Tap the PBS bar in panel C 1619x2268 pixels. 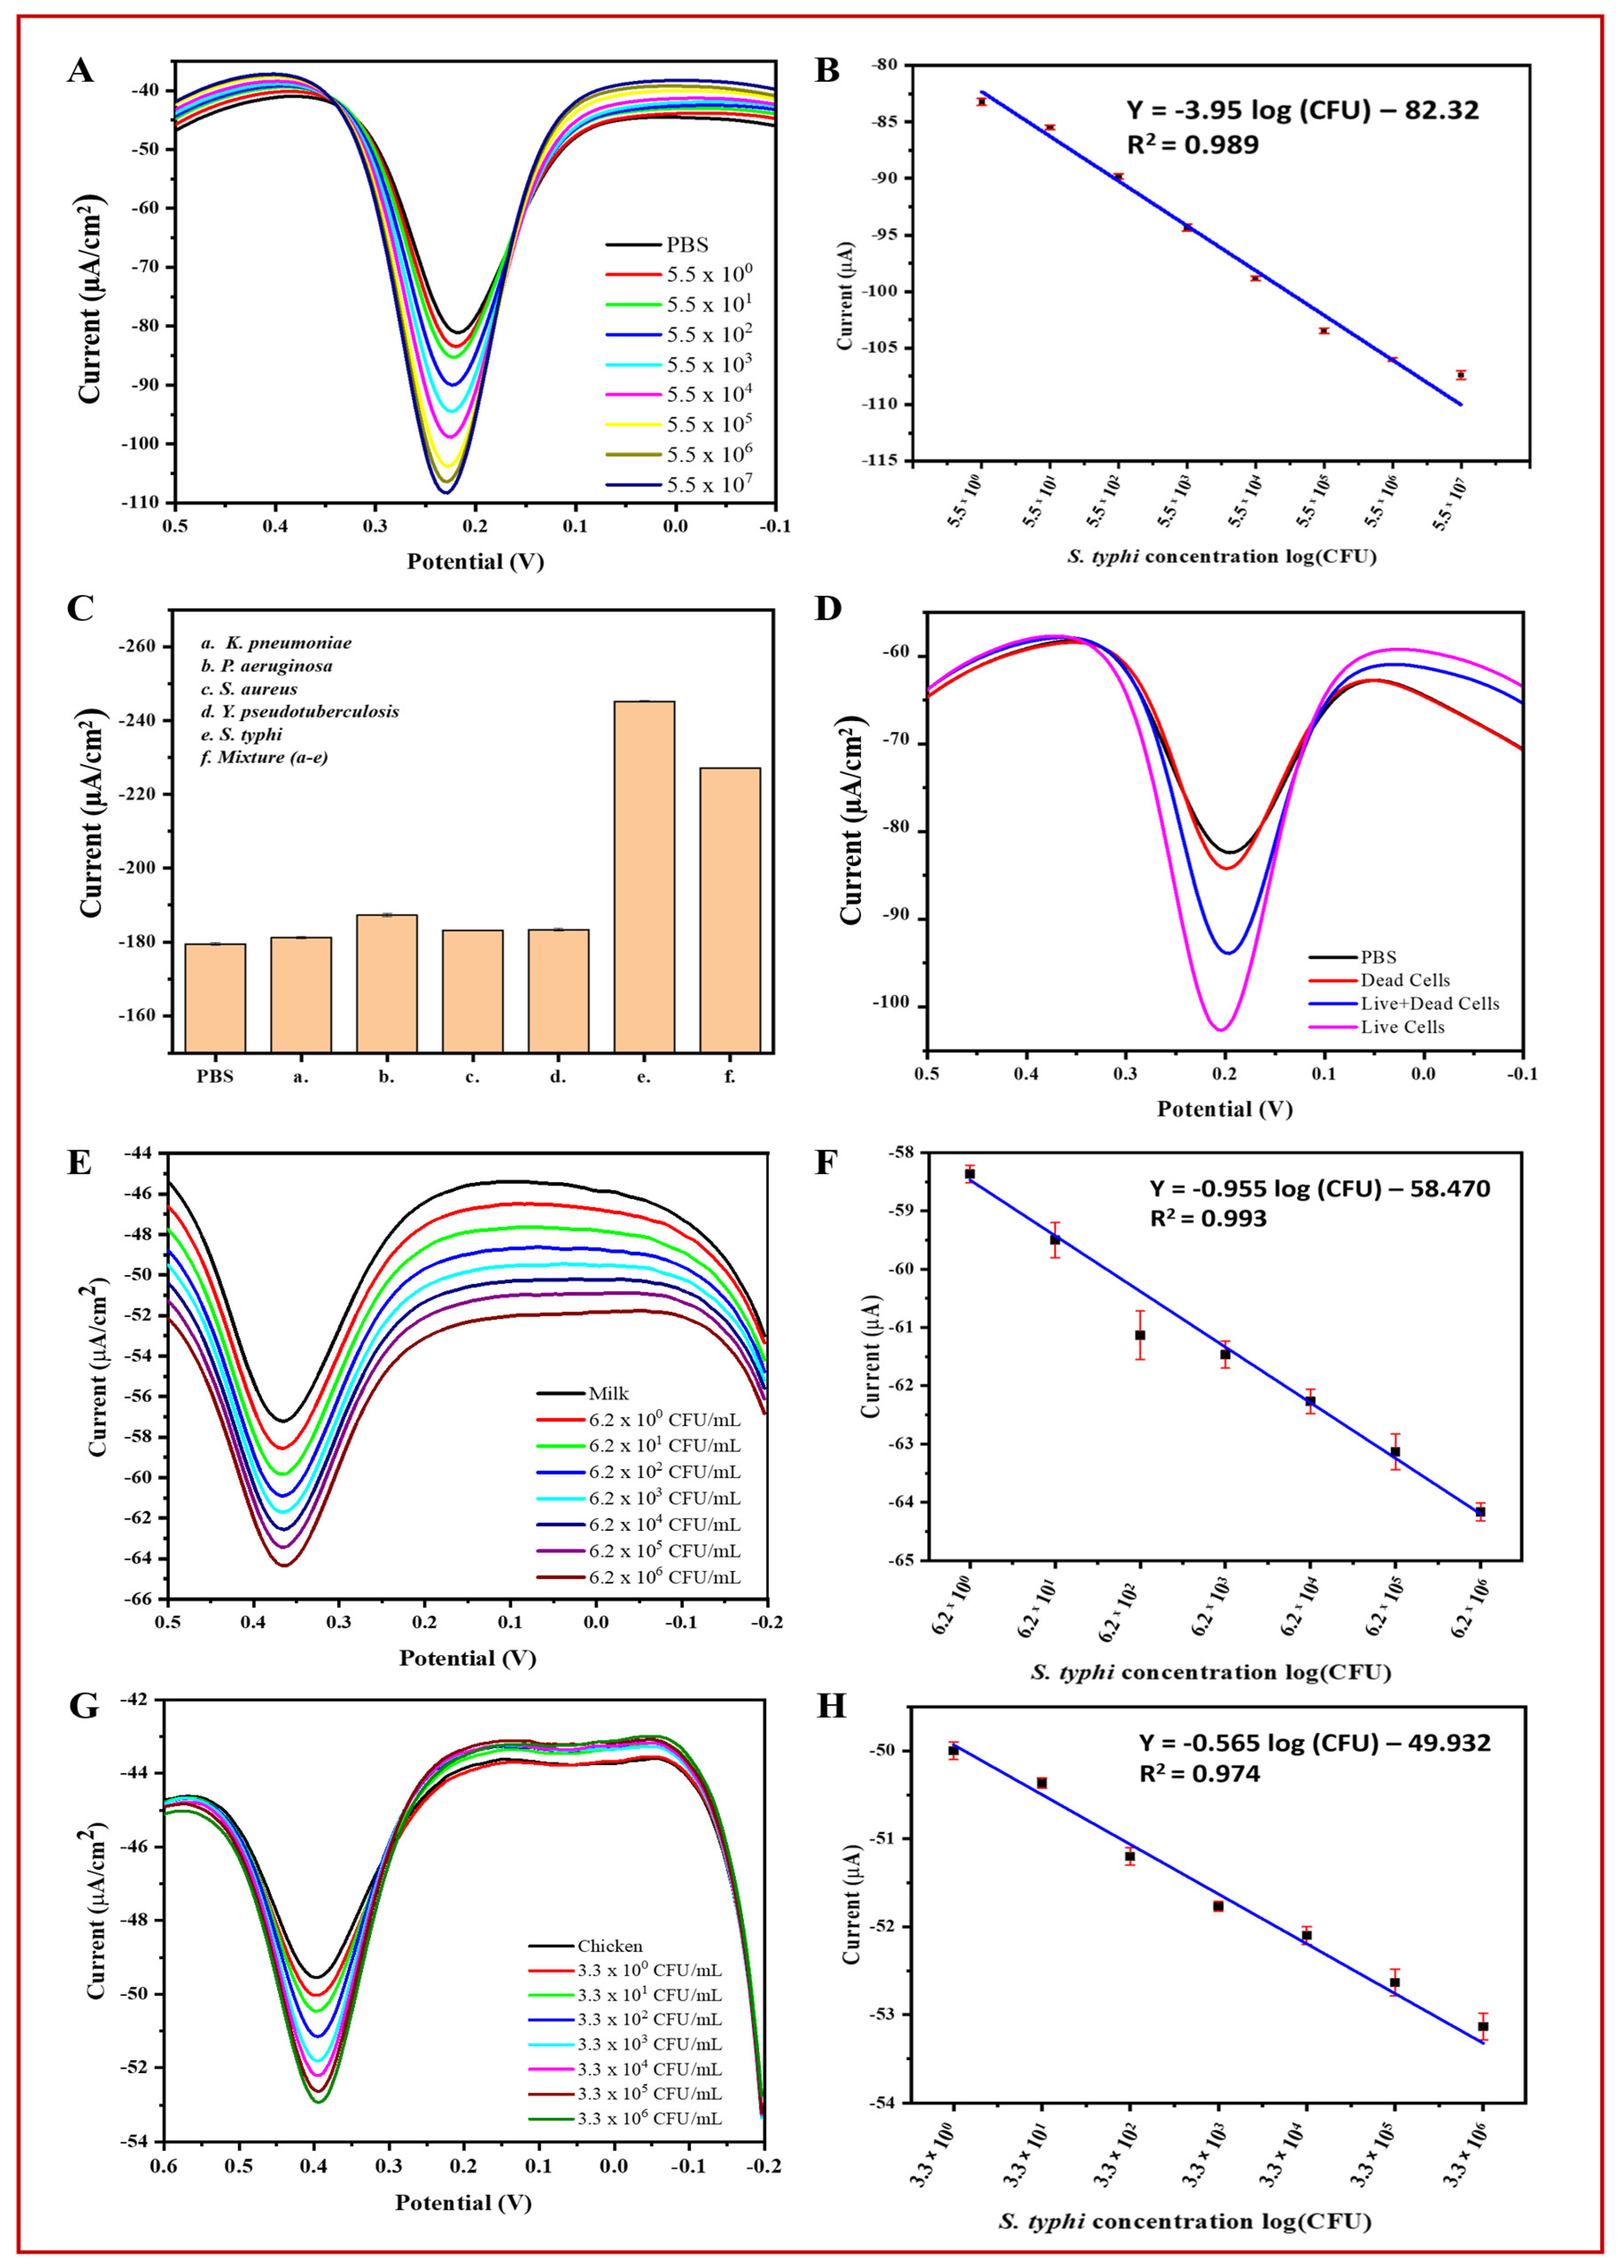click(215, 997)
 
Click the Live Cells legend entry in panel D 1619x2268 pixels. click(1402, 1027)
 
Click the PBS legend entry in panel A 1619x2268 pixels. click(688, 244)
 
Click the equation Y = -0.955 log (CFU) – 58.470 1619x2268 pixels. click(1320, 1188)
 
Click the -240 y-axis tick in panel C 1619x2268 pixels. click(139, 720)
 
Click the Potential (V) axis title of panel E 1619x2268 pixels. click(468, 1658)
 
